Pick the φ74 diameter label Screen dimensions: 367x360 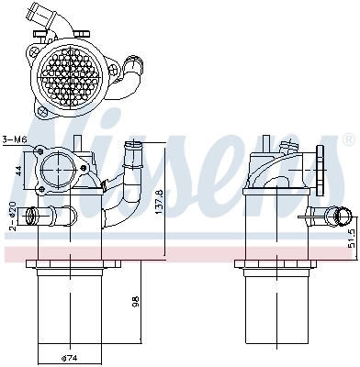(69, 358)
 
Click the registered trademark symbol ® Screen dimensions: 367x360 (348, 140)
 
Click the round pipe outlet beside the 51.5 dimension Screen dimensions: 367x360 (339, 218)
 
